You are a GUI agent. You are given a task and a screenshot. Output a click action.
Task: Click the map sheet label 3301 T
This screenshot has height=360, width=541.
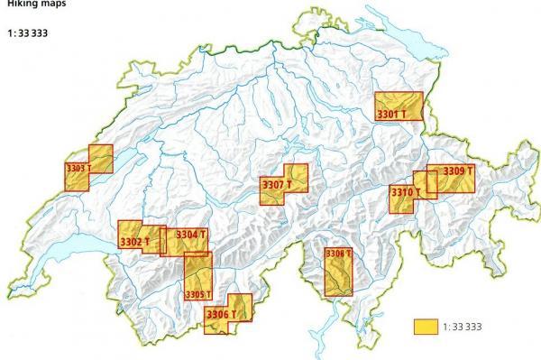point(391,115)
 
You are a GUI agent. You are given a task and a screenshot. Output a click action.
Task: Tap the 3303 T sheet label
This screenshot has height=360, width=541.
point(79,168)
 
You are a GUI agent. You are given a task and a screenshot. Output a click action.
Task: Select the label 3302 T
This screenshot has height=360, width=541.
point(134,241)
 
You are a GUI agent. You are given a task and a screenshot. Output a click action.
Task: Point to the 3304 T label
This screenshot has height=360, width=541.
point(191,235)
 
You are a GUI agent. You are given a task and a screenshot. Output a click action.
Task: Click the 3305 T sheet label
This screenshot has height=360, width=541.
point(197,294)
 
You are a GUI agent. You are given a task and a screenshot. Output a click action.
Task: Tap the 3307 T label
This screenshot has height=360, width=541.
point(277,186)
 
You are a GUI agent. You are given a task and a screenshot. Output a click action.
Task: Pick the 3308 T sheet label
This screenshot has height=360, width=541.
point(336,254)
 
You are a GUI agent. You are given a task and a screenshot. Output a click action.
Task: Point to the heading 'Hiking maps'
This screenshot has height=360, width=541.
point(28,4)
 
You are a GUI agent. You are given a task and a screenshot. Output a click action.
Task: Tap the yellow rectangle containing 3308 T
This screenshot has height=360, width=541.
point(338,276)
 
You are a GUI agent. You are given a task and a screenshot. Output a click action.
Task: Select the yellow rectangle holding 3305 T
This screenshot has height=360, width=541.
point(197,271)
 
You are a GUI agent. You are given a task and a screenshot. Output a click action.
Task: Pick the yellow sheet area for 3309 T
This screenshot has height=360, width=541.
point(455,182)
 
